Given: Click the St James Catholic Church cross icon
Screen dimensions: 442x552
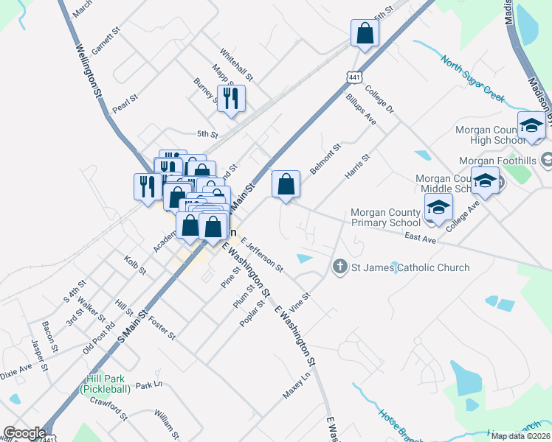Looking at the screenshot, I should (x=339, y=267).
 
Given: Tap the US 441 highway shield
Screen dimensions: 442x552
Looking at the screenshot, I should (x=355, y=77).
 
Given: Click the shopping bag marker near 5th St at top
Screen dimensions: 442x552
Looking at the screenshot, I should (x=365, y=33).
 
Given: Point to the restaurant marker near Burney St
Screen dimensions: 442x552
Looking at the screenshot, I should (x=232, y=99).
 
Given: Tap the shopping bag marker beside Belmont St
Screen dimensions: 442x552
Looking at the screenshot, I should (x=286, y=185).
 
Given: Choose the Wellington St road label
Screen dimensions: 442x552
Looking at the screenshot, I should (x=87, y=71).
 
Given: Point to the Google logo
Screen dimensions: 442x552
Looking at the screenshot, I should (x=24, y=433).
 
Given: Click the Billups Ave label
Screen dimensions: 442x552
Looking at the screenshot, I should (x=361, y=109).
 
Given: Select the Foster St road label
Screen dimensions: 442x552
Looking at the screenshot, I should (x=162, y=328).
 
